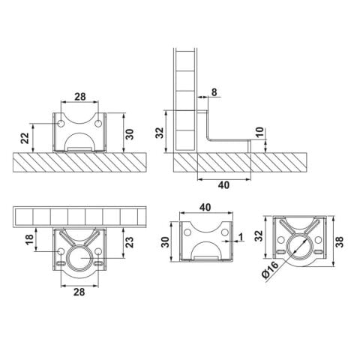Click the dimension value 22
click(x=25, y=138)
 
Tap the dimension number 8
click(x=214, y=92)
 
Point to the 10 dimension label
click(x=259, y=132)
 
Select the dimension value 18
click(x=29, y=239)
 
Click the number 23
click(x=130, y=242)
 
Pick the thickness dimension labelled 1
click(x=241, y=236)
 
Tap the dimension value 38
click(x=340, y=241)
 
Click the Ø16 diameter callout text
click(x=270, y=269)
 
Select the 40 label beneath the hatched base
click(x=223, y=185)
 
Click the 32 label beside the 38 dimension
click(x=259, y=235)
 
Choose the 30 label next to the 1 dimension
click(x=165, y=242)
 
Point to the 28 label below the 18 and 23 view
click(x=79, y=292)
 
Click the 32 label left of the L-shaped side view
click(x=159, y=133)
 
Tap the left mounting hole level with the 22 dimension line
click(x=61, y=123)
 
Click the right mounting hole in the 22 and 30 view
click(x=98, y=123)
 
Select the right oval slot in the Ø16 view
click(x=318, y=251)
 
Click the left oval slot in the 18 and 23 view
click(x=61, y=262)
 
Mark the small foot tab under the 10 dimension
click(x=249, y=146)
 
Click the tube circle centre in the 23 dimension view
click(x=79, y=258)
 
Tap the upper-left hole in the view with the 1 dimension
click(x=187, y=232)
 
